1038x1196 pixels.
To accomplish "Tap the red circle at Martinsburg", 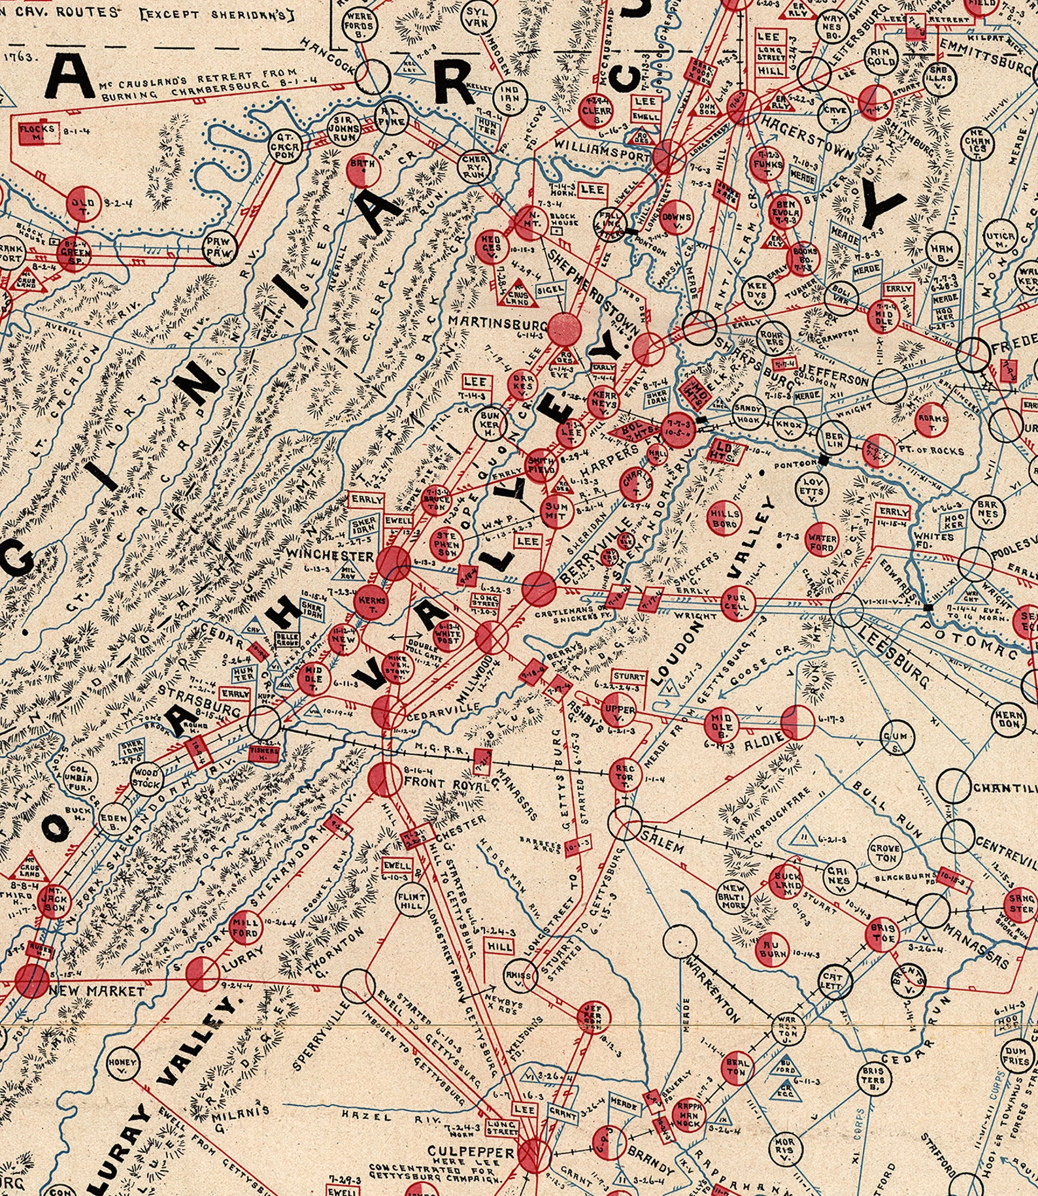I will coord(564,329).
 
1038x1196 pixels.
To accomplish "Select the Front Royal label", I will coord(446,783).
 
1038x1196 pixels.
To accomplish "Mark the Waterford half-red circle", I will coord(822,540).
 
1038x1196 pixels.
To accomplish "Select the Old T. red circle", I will coord(83,203).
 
